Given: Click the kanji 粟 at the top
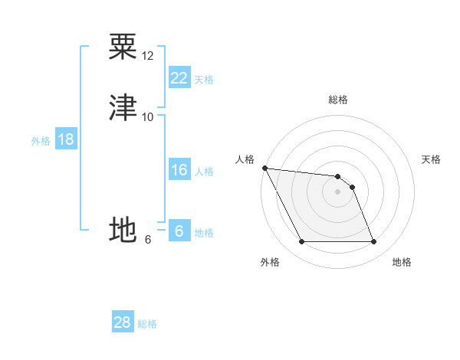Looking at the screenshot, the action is click(x=123, y=47).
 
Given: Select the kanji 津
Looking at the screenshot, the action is click(x=123, y=107).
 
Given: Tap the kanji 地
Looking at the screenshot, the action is click(x=123, y=230).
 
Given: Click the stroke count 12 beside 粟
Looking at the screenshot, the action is click(x=148, y=56).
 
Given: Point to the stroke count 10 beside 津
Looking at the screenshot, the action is click(x=148, y=116).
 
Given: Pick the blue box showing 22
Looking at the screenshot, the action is click(x=179, y=78).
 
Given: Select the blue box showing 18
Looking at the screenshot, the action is click(x=66, y=139).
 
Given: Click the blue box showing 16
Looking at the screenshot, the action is click(x=179, y=170).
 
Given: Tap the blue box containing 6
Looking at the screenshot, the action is click(x=179, y=231).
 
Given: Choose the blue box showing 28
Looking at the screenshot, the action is click(x=123, y=322).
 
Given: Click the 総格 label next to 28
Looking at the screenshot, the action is click(x=147, y=324).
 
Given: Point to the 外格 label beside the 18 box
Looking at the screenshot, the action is click(x=41, y=141).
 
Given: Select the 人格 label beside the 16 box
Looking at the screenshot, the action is click(x=205, y=172).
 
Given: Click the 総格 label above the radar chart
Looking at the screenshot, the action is click(x=338, y=100).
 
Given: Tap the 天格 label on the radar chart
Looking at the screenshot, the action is click(x=432, y=159).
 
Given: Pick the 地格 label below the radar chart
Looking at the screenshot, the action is click(x=402, y=262).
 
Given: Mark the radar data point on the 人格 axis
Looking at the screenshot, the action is click(x=264, y=168).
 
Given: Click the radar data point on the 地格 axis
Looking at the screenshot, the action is click(x=373, y=242).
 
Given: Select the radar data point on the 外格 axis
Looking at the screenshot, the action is click(x=301, y=242).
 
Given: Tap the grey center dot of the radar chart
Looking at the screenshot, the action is click(x=337, y=191).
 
